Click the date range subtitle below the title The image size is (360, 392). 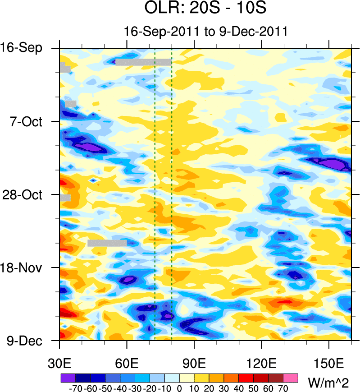206,32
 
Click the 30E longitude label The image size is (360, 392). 59,362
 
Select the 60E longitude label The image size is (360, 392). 127,362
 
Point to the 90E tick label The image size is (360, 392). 194,362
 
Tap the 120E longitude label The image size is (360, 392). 261,362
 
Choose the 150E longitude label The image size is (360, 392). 329,362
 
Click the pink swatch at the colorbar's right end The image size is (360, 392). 291,377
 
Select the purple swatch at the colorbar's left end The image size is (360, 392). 68,377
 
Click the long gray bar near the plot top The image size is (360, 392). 143,62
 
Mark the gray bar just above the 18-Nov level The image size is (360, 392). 107,243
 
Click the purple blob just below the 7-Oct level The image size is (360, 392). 89,147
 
